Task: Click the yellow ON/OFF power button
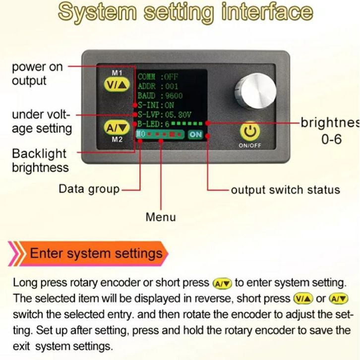tap(250, 132)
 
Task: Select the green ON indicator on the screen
tap(195, 134)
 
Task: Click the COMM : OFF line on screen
tap(157, 77)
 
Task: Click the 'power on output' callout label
tap(37, 73)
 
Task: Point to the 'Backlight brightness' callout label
tap(40, 160)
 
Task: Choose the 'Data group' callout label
tap(89, 189)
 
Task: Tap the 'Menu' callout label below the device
tap(160, 217)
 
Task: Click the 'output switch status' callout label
tap(286, 189)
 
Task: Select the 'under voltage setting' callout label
tap(42, 121)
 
